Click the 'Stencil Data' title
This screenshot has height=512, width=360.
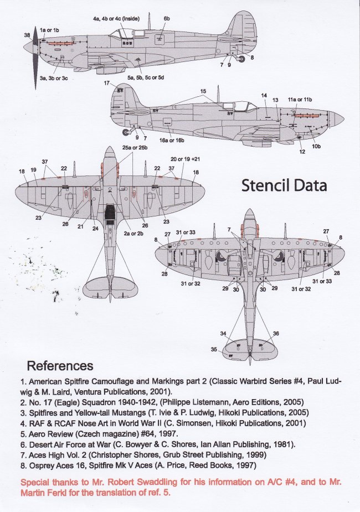tap(284, 185)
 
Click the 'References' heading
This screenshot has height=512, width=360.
tap(60, 366)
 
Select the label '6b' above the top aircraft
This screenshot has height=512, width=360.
tap(166, 18)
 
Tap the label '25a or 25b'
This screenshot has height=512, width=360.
tap(135, 148)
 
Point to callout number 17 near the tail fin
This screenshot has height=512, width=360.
tap(106, 83)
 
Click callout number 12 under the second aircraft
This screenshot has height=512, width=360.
tap(302, 151)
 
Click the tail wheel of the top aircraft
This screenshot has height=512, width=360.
tap(242, 58)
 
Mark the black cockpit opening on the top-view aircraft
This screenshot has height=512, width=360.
tap(110, 211)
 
